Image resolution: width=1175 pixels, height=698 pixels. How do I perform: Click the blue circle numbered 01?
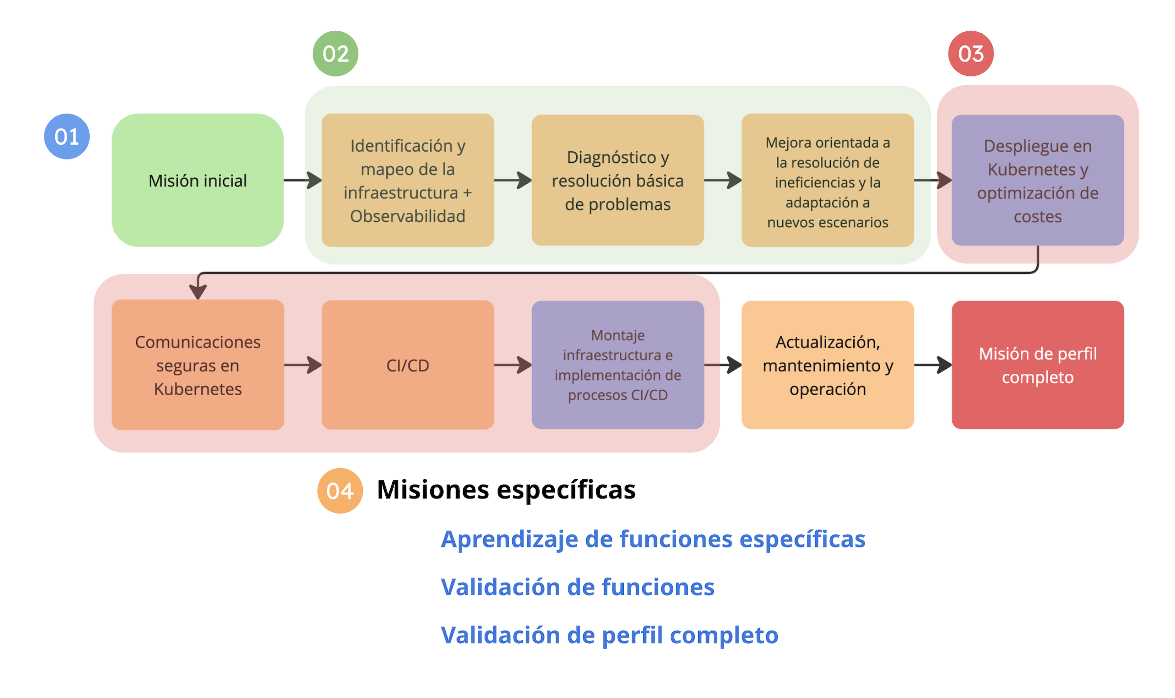[67, 136]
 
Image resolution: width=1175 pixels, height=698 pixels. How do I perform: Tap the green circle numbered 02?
[335, 53]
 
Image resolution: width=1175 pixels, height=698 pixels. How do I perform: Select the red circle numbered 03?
[971, 53]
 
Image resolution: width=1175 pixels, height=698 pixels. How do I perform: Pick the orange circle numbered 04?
[340, 491]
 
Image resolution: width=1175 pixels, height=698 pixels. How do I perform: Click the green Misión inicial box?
[198, 180]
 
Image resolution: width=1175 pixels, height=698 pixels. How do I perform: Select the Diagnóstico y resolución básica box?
[618, 180]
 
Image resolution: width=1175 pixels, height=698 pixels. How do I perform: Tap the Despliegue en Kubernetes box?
[1038, 180]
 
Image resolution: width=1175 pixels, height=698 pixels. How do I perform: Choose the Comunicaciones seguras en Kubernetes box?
[198, 365]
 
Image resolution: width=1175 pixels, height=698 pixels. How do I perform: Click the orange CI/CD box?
[408, 365]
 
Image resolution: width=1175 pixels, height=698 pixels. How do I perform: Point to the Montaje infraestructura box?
[618, 365]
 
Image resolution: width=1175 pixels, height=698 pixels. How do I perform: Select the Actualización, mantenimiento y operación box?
[828, 365]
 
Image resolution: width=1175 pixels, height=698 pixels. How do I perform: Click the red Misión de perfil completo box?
[1038, 365]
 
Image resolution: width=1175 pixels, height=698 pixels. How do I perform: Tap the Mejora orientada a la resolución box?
[828, 180]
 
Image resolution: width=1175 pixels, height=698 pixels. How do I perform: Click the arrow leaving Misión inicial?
[303, 180]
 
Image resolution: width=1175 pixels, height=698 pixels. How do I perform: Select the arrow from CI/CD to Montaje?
[513, 365]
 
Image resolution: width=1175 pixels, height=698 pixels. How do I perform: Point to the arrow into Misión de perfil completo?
[933, 365]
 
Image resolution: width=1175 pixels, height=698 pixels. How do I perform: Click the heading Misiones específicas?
[506, 490]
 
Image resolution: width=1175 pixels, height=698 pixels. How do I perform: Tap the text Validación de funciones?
[578, 587]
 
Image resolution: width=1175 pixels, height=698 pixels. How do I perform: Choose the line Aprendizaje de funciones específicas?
[653, 540]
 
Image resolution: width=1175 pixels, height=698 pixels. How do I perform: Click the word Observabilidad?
[408, 216]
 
